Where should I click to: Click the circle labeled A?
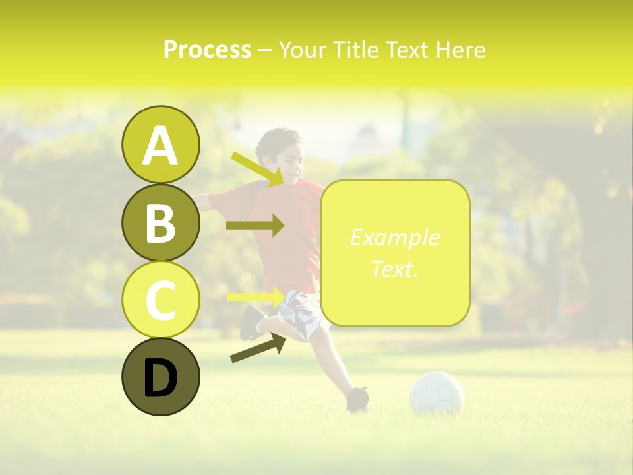point(160,145)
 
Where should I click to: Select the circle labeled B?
point(160,222)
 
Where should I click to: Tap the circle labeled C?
point(160,300)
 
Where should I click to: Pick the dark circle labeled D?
point(160,377)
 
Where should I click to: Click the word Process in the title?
point(207,49)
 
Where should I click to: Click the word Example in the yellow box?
point(394,237)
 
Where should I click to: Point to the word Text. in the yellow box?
point(394,269)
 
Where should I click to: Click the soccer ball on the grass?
point(437,394)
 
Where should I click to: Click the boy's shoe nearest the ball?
point(357,398)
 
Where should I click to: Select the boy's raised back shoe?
point(251,323)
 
